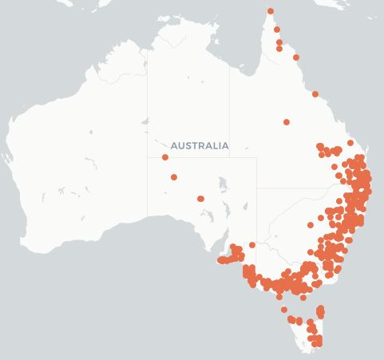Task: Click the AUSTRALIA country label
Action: (x=200, y=145)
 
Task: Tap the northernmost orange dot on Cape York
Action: (x=271, y=11)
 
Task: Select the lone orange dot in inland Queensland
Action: (x=287, y=122)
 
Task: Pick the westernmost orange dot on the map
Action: (x=165, y=157)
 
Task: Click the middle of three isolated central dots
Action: (x=174, y=177)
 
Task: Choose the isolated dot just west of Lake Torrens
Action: (x=201, y=199)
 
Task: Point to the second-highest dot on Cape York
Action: (x=277, y=30)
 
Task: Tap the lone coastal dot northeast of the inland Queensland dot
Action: (x=315, y=94)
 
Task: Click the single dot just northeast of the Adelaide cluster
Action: (x=252, y=245)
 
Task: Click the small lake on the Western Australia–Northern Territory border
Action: (x=144, y=122)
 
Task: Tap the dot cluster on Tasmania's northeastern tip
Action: (x=320, y=311)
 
